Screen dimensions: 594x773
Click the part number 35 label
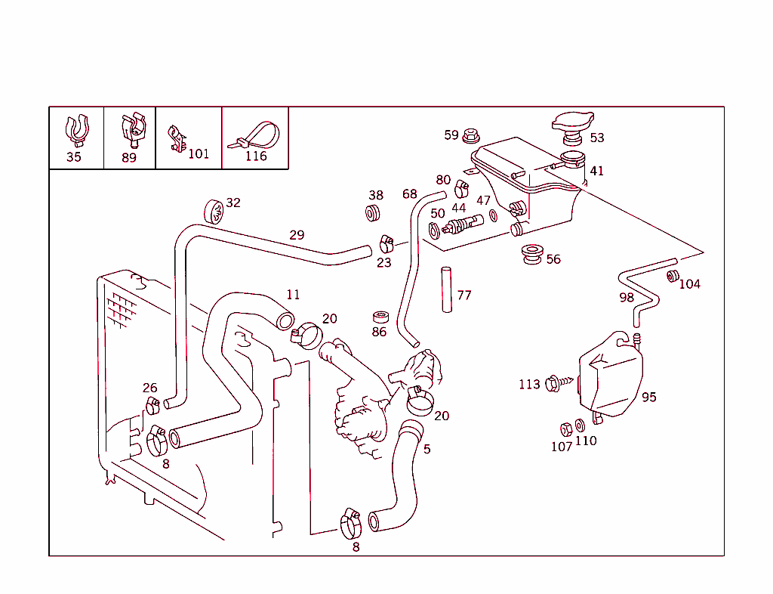(74, 157)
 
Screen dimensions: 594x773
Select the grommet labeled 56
(534, 253)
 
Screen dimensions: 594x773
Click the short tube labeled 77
(446, 289)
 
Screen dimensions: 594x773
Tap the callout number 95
(649, 397)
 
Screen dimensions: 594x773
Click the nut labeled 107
(565, 429)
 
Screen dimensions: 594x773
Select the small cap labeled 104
(672, 276)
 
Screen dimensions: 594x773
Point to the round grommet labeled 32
(214, 212)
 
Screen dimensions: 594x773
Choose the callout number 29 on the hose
(297, 235)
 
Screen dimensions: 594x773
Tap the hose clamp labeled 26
(153, 406)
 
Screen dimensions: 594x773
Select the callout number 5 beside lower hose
(427, 449)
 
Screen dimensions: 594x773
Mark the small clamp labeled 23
(386, 243)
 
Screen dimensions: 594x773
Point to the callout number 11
(293, 295)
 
